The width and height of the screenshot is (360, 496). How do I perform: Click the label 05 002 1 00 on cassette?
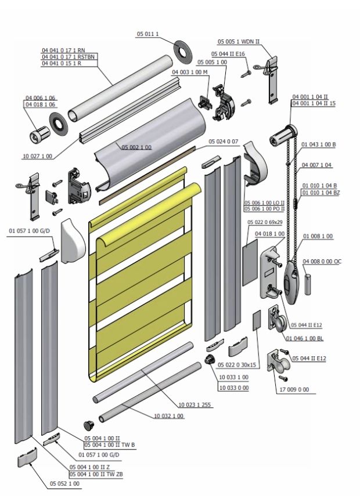[x=136, y=147]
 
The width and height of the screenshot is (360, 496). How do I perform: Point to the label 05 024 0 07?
[x=224, y=141]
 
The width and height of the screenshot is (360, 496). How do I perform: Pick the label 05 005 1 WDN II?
[x=238, y=42]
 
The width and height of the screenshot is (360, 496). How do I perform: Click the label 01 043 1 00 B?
[x=319, y=143]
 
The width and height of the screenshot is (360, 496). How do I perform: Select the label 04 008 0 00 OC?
[x=322, y=262]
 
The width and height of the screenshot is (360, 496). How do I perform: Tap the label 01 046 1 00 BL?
[x=304, y=338]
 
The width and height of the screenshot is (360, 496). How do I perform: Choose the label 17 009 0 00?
[x=294, y=389]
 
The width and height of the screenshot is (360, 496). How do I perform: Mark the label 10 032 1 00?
[x=169, y=416]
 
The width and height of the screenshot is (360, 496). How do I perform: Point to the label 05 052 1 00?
[x=64, y=483]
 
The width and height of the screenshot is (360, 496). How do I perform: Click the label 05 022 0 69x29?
[x=264, y=222]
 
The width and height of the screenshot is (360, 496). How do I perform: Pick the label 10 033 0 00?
[x=233, y=387]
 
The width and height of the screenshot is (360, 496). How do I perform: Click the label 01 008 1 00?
[x=318, y=236]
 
